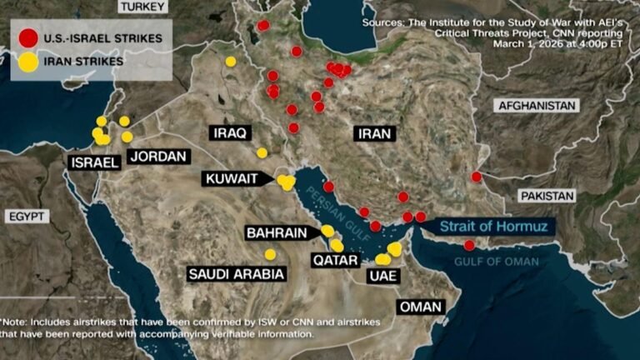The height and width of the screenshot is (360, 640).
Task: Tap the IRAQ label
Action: [229, 133]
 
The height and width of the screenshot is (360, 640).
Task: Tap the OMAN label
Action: [419, 307]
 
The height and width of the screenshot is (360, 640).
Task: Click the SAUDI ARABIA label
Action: [237, 273]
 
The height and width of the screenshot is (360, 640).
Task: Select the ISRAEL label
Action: [95, 163]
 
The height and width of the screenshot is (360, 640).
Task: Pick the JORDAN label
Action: [159, 157]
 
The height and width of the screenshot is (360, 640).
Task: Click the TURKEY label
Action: [142, 7]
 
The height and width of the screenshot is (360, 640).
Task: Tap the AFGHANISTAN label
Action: [537, 106]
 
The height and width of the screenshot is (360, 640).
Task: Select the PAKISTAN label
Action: [547, 196]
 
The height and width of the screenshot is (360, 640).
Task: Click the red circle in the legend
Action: [28, 37]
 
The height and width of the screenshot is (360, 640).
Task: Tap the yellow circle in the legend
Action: [28, 62]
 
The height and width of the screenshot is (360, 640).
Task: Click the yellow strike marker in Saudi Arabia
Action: [270, 254]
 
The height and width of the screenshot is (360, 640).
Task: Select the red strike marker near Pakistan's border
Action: [476, 177]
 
